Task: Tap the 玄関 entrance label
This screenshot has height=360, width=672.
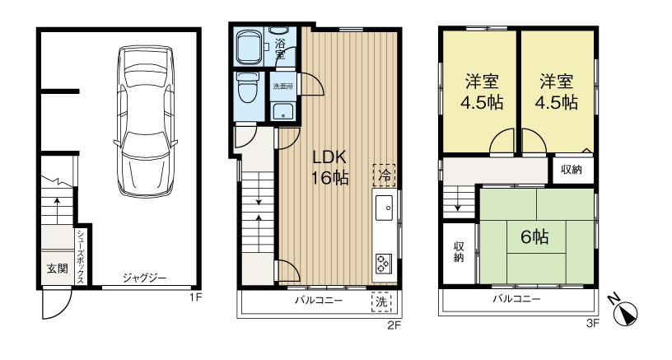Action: coord(57,268)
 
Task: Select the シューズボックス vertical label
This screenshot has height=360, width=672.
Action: coord(82,256)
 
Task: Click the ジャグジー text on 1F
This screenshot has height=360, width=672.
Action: coord(145,278)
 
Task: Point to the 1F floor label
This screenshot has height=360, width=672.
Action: coord(195,297)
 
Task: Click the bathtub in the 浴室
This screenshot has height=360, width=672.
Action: coord(248,48)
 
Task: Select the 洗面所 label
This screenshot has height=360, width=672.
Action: coord(282,85)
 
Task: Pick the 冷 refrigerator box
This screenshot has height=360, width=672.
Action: coord(384,174)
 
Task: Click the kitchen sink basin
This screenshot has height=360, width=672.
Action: coord(385,208)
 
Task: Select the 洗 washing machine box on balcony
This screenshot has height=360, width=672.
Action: coord(382,302)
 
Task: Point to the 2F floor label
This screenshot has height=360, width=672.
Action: coord(394,325)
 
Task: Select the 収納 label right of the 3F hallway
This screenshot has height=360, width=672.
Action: coord(572,170)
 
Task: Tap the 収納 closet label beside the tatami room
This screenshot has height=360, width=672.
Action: coord(459,251)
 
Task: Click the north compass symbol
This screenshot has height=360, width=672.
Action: coord(627,311)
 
